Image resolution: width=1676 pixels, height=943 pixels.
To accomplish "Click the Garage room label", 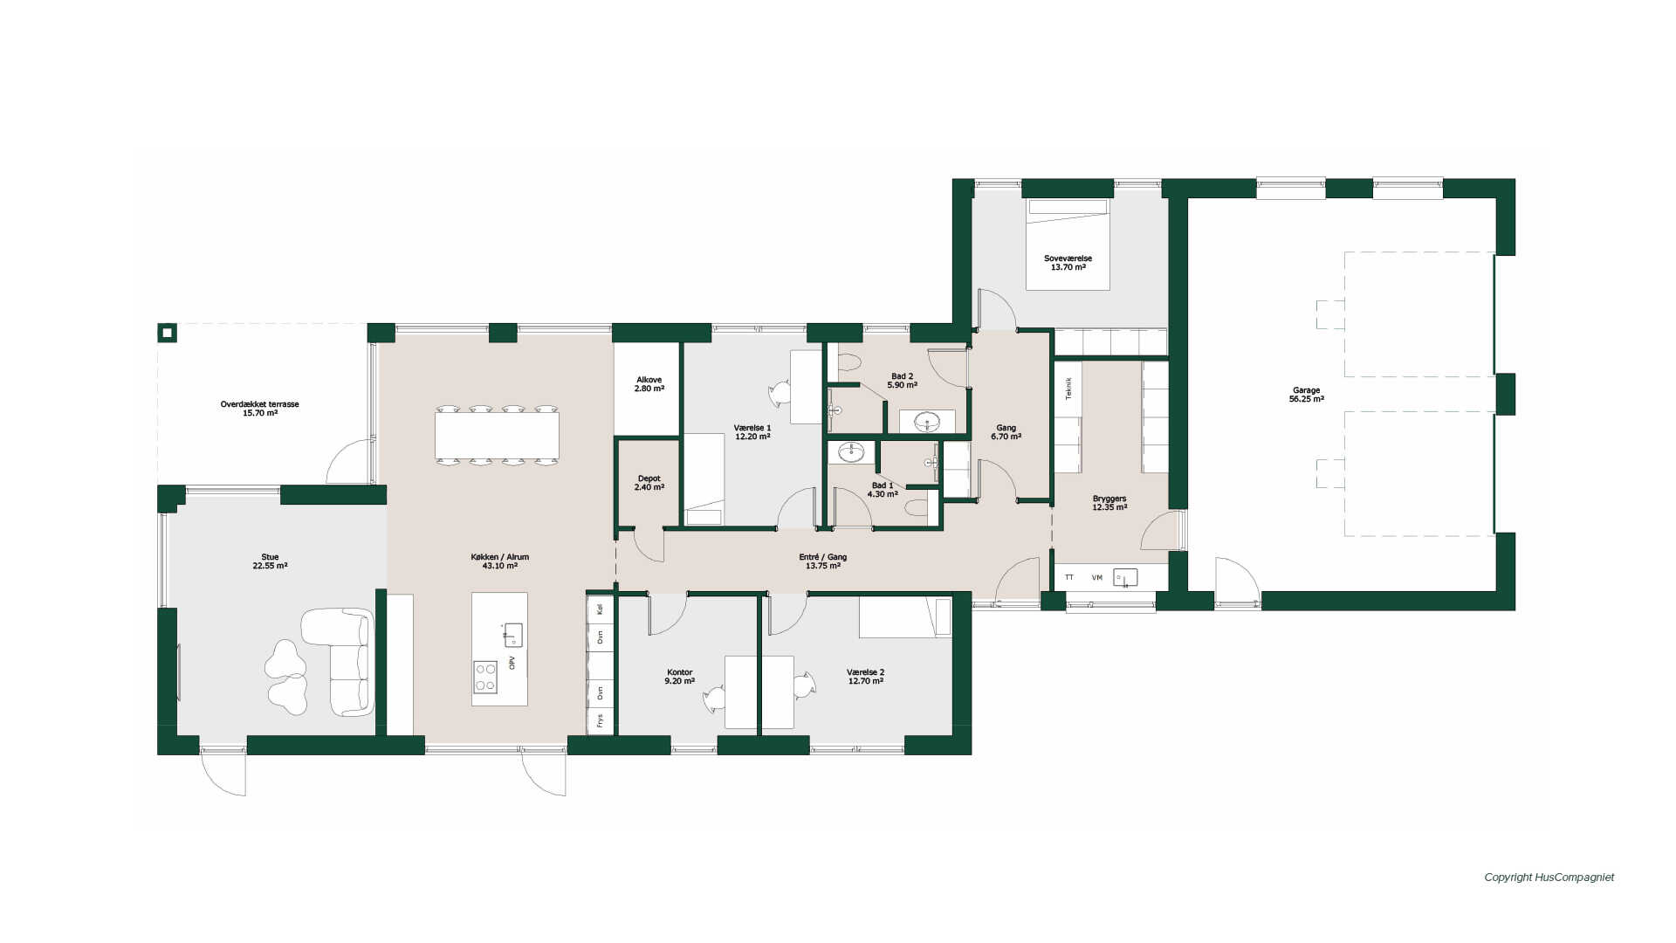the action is coord(1306,395).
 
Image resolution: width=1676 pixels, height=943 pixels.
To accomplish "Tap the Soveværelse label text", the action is coord(1068,258).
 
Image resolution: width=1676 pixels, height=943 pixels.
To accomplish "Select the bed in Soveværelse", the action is coord(1068,244).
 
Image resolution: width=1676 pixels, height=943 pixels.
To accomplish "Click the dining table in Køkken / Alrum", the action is coord(497,436).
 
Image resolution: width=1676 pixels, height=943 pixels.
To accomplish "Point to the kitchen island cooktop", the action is coord(485,677).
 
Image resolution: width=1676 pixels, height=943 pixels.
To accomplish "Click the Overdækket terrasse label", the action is coord(259,409).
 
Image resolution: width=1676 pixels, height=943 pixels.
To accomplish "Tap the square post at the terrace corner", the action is coord(167,333).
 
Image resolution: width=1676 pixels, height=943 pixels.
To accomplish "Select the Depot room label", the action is coord(649,483).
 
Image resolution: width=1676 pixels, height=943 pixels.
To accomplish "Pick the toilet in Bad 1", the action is coord(917,507).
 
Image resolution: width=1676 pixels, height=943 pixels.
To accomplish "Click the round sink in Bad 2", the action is coord(927,422).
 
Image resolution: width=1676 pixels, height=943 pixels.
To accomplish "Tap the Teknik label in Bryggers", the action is coord(1068,389).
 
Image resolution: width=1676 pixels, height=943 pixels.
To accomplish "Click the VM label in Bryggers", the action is coord(1096,577).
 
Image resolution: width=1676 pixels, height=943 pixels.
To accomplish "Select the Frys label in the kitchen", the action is coord(600,720).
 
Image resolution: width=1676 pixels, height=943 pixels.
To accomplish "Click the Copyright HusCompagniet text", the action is coord(1549,878).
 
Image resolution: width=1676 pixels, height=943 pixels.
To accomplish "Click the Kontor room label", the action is coord(679,677).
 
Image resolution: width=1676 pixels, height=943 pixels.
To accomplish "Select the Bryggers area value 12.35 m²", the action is coord(1109,507).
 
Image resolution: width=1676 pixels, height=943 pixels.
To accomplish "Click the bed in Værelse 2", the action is coord(905,617).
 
